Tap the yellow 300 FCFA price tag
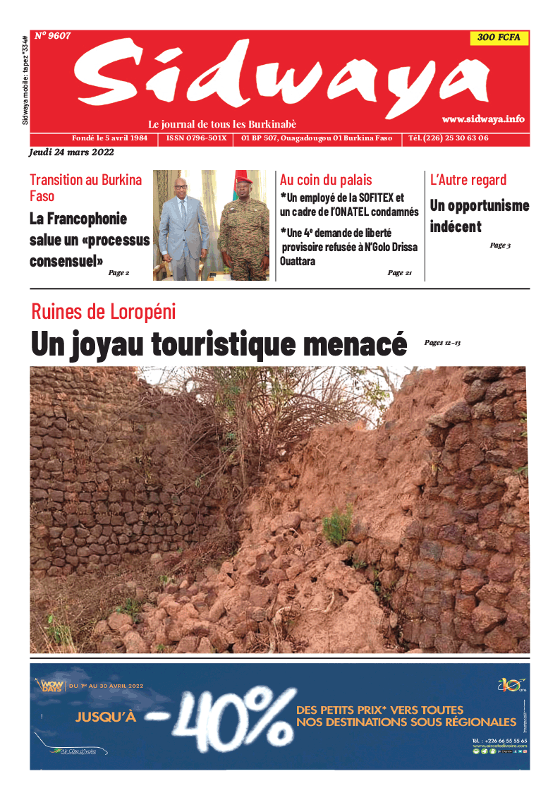(x=499, y=38)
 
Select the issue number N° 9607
(x=52, y=35)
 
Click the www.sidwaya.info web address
(x=483, y=119)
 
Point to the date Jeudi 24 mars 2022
(x=71, y=152)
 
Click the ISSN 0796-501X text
(x=196, y=138)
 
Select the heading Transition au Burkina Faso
(x=85, y=187)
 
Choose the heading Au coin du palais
(x=326, y=180)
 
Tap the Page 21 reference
(x=399, y=273)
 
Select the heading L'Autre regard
(x=468, y=180)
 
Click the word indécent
(x=456, y=226)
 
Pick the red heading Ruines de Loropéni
(x=103, y=311)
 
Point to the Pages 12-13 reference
(x=442, y=343)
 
